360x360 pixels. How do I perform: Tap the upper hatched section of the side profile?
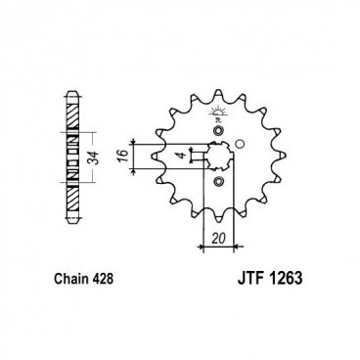click(x=72, y=118)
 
